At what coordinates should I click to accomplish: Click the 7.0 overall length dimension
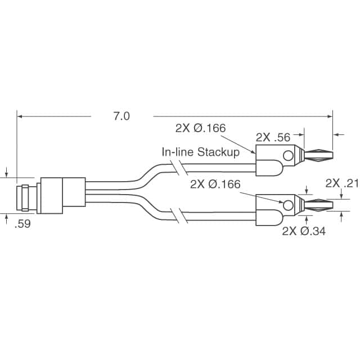[121, 116]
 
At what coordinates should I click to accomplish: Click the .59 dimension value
[22, 224]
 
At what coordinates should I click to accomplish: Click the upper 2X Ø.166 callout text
[200, 128]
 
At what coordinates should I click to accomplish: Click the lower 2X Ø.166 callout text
[215, 184]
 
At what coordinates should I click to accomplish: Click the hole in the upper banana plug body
[288, 156]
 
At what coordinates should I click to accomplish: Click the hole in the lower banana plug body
[288, 205]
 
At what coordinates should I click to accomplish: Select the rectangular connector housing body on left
[61, 196]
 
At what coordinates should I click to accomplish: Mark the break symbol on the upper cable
[179, 168]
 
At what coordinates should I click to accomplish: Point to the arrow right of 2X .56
[337, 134]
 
